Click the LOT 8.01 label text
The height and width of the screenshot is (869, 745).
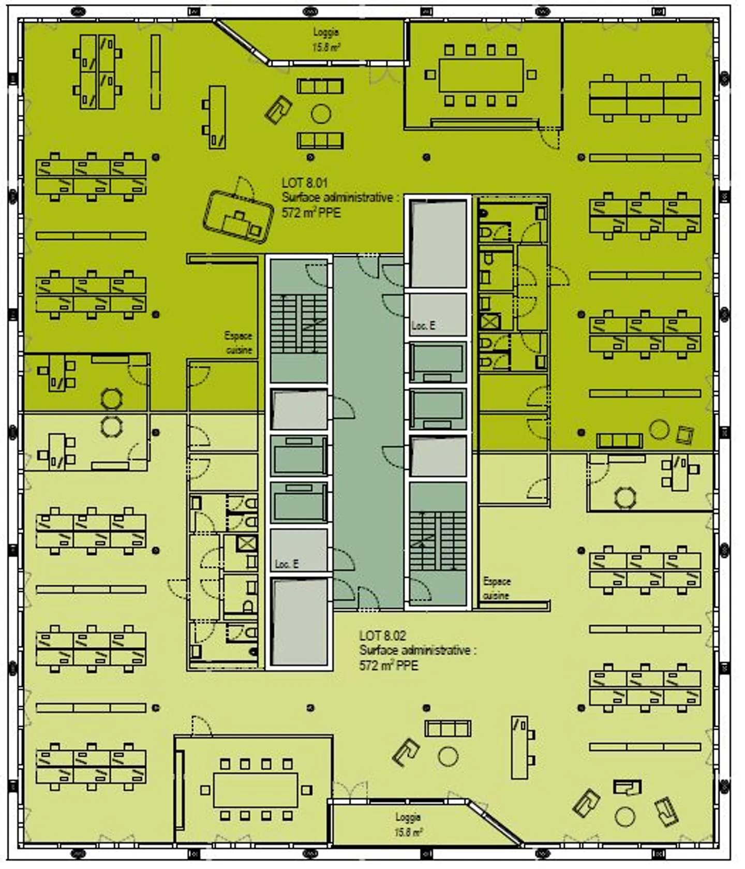click(x=305, y=183)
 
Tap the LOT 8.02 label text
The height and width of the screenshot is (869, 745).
click(x=382, y=636)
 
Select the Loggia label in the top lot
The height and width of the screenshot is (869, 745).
click(x=326, y=33)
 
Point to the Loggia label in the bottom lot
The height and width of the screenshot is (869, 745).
click(x=408, y=817)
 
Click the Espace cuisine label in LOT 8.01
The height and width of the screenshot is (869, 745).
click(x=239, y=343)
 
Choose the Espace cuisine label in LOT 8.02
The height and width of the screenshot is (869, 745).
click(x=497, y=588)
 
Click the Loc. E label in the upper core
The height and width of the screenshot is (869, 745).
click(x=423, y=326)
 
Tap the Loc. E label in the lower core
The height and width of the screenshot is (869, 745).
click(x=286, y=564)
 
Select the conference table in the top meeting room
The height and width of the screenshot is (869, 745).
click(x=481, y=75)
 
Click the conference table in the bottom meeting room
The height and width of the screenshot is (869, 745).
click(x=256, y=790)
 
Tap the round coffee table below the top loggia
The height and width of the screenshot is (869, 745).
click(x=321, y=113)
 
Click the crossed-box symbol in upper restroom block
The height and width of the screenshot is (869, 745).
click(x=489, y=322)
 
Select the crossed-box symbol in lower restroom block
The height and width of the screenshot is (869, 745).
click(x=246, y=544)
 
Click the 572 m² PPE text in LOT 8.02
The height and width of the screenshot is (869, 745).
click(x=388, y=666)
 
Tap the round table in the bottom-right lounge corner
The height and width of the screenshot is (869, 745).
click(x=625, y=817)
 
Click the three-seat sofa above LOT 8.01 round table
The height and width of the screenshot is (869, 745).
click(x=320, y=86)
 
